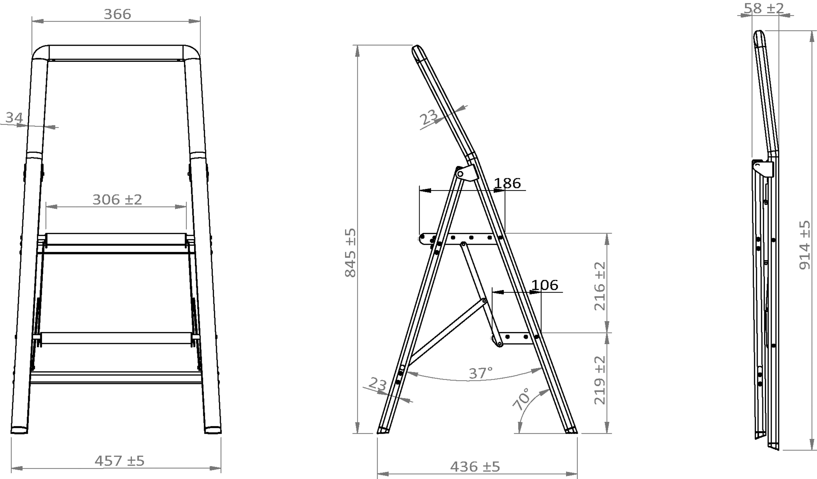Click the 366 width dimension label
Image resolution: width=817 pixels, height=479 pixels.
coord(117,14)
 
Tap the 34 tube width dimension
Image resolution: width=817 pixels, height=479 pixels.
coord(14,118)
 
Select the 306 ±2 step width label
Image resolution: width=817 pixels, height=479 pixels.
coord(117,199)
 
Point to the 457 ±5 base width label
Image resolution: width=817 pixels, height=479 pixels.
coord(119,461)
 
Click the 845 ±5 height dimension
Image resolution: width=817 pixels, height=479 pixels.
coord(350,253)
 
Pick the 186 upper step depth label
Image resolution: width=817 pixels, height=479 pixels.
coord(507,183)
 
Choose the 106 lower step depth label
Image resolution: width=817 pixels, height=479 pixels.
coord(544,285)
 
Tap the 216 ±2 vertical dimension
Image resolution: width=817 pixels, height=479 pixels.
coord(600,286)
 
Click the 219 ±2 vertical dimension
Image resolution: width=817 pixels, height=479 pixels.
coord(600,380)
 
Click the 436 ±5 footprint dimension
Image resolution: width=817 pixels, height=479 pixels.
coord(475,467)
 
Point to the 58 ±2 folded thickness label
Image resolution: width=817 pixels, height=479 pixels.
coord(763,8)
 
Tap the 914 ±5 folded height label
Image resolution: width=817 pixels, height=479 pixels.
coord(805,245)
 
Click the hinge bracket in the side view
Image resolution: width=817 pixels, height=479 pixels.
coord(467,173)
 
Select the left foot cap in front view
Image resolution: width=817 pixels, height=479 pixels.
coord(19,430)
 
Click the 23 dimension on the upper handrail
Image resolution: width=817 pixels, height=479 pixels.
coord(429,117)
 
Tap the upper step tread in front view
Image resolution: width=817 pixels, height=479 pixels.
coord(116,239)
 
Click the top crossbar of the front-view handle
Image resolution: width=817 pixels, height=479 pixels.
coord(116,52)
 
